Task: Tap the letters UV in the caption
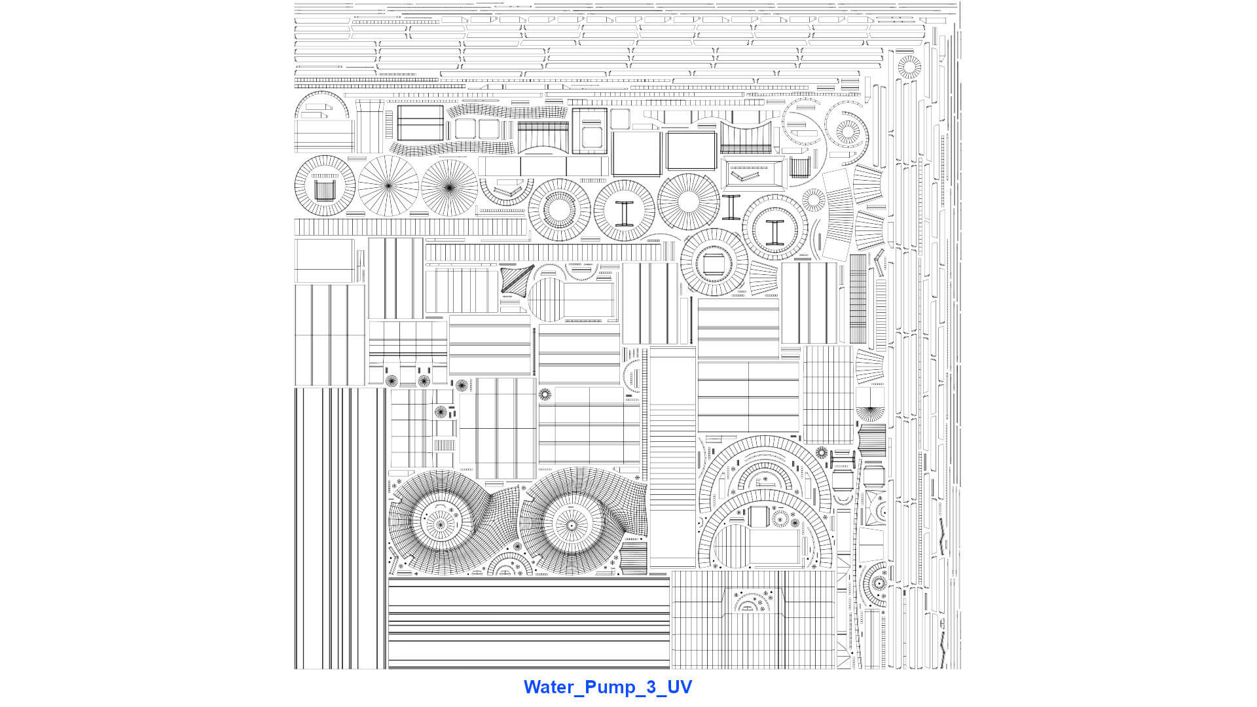pyautogui.click(x=679, y=687)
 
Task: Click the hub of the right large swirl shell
pyautogui.click(x=572, y=525)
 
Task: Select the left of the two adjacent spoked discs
pyautogui.click(x=388, y=186)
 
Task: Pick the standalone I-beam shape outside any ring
pyautogui.click(x=731, y=207)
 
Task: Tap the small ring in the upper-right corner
pyautogui.click(x=909, y=67)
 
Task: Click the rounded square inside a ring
pyautogui.click(x=712, y=263)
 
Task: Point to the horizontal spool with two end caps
pyautogui.click(x=842, y=458)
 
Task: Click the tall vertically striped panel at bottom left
pyautogui.click(x=340, y=528)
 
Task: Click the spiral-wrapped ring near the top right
pyautogui.click(x=847, y=132)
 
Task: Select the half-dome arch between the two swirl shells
pyautogui.click(x=510, y=564)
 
